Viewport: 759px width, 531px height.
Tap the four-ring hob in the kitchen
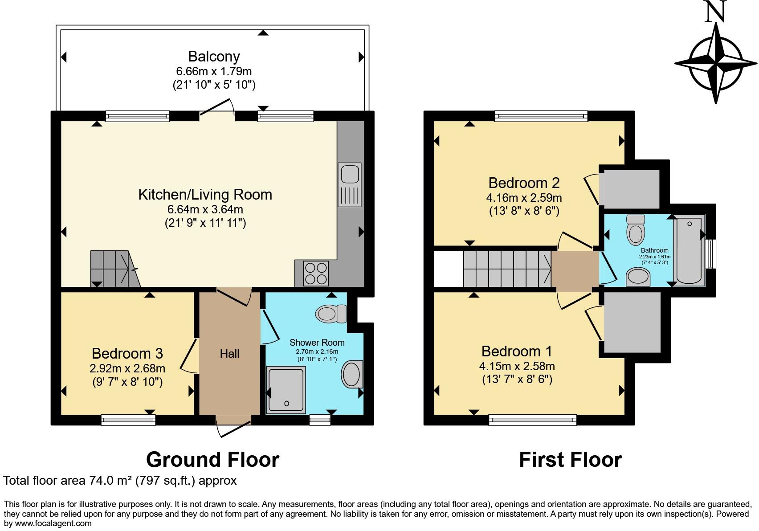pos(316,272)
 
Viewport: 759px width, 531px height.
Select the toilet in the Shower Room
pos(331,314)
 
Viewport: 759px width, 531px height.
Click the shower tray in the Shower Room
pos(286,389)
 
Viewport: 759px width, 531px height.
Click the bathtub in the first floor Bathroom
pos(689,250)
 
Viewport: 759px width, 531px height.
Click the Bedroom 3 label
pos(127,353)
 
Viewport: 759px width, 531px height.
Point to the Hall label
pos(229,354)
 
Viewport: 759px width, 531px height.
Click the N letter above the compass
pos(715,12)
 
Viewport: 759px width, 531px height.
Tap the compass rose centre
pos(716,64)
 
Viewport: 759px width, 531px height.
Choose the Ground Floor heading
pos(212,460)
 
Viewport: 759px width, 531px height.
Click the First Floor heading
pos(570,460)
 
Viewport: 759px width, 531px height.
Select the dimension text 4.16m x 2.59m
pos(524,197)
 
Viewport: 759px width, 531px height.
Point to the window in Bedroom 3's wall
pos(128,419)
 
